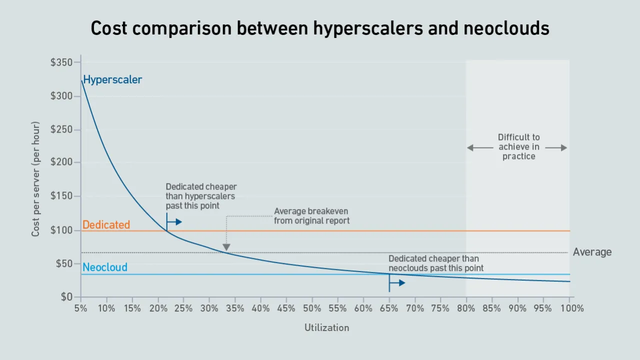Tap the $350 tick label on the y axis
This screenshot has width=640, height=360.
tap(61, 62)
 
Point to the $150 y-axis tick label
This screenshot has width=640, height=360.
tap(61, 196)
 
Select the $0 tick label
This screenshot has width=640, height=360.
tap(66, 297)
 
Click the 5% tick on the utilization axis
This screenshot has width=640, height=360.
tap(81, 308)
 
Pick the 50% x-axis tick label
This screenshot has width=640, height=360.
tap(312, 308)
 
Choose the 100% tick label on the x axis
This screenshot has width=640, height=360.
tap(571, 308)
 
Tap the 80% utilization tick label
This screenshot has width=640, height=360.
tap(466, 308)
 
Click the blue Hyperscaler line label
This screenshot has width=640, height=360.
tap(112, 79)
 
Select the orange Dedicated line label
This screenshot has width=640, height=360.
tap(106, 225)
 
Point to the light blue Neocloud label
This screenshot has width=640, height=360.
tap(105, 267)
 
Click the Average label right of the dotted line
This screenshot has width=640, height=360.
tap(592, 252)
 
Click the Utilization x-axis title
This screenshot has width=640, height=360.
tap(326, 328)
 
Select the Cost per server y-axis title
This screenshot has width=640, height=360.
tap(35, 179)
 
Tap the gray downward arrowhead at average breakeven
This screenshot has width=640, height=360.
tap(226, 247)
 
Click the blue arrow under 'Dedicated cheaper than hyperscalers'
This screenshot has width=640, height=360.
tap(175, 221)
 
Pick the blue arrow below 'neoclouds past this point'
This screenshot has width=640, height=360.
tap(398, 283)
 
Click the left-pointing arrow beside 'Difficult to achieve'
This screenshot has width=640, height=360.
tap(478, 147)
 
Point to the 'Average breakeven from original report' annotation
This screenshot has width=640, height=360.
tap(311, 216)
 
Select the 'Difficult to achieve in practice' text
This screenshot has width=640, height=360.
tap(518, 146)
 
